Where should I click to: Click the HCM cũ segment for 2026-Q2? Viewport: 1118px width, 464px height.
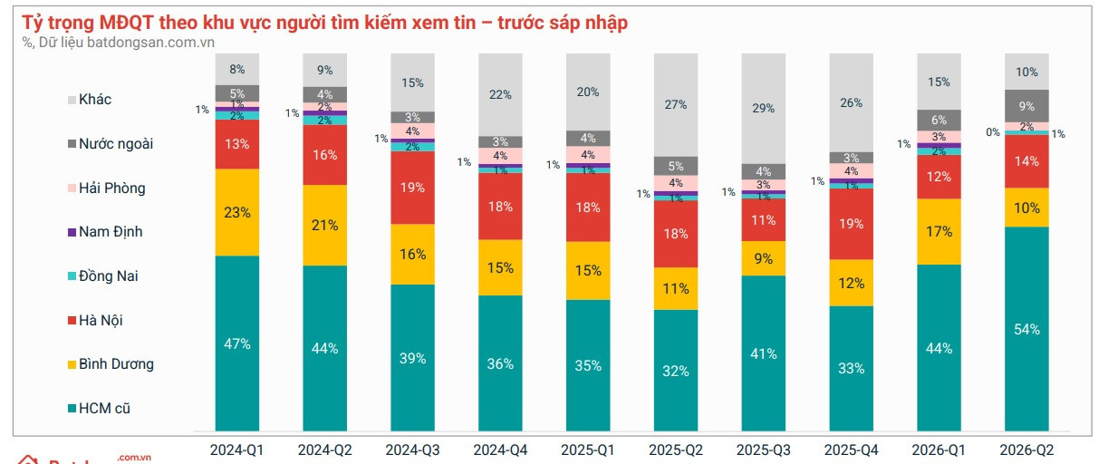point(1026,329)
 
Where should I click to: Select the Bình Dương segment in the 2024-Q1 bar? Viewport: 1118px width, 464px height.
point(237,212)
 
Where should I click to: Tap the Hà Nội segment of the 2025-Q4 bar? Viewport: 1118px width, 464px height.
point(852,224)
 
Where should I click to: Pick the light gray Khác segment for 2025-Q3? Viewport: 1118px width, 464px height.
point(764,109)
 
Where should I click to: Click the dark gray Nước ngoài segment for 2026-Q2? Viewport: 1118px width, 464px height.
point(1026,106)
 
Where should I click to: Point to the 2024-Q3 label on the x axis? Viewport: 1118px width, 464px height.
point(413,450)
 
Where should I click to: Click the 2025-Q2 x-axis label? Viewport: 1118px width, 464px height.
point(676,450)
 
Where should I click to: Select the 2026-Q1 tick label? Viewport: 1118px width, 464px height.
point(939,450)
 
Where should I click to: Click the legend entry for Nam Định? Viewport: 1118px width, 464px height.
point(105,232)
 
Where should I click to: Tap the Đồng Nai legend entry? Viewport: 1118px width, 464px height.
point(102,275)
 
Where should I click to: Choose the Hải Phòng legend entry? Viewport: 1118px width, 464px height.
point(107,188)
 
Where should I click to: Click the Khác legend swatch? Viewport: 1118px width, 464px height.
point(72,100)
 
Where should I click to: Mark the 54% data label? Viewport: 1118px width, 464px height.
point(1026,329)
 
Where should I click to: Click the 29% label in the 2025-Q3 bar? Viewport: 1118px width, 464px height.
point(764,108)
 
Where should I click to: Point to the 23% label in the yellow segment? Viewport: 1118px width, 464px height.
point(237,212)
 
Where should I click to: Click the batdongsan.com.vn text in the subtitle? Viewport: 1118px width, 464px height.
point(150,43)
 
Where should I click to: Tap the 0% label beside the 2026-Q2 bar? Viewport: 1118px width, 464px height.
point(993,132)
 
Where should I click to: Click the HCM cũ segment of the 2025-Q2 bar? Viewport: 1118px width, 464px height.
point(676,370)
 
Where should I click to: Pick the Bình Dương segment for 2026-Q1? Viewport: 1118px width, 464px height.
point(939,232)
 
